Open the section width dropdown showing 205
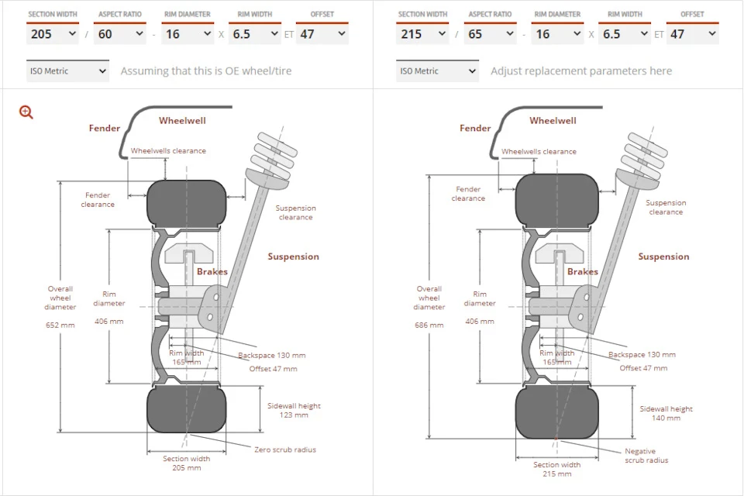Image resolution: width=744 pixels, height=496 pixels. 53,33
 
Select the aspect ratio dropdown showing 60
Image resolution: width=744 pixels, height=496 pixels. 119,33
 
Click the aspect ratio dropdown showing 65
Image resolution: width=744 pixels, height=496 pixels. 490,33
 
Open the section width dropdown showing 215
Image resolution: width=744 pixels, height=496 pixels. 422,33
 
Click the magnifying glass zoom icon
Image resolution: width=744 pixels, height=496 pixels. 26,112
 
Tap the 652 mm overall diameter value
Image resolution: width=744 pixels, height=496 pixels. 60,325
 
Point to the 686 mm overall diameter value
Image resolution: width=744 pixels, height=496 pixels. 429,325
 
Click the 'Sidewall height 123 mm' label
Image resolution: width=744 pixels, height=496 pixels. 294,410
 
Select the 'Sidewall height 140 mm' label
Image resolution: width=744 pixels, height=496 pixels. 666,413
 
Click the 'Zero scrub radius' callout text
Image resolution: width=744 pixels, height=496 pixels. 284,449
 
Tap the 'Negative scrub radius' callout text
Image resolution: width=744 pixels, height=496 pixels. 646,456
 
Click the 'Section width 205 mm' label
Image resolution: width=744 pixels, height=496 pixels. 187,463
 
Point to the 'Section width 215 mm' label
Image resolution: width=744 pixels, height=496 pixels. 557,469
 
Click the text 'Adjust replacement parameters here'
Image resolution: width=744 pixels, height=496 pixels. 581,71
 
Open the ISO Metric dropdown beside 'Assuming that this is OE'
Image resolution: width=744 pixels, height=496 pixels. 68,71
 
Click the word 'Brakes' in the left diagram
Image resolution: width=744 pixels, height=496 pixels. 212,271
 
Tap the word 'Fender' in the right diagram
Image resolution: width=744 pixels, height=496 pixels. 475,128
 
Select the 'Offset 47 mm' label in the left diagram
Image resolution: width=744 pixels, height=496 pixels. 273,369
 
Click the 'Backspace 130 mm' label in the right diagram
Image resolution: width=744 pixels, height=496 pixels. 642,354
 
